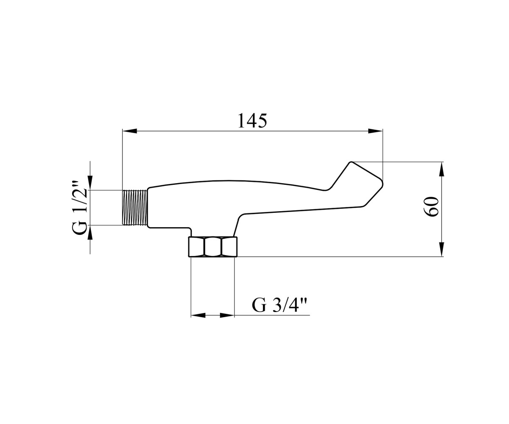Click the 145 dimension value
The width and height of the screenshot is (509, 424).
(x=252, y=120)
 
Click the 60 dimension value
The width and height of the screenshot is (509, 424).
(x=431, y=206)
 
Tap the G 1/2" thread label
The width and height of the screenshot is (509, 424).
(x=79, y=208)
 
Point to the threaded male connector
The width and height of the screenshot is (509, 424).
(x=135, y=207)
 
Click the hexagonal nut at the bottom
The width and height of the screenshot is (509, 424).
(x=213, y=246)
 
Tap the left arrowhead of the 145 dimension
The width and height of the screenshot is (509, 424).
(x=130, y=131)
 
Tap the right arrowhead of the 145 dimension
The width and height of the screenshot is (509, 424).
(x=375, y=131)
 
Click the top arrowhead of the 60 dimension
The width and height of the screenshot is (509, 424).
(x=441, y=169)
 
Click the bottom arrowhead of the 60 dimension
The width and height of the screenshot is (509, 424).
(x=441, y=249)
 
